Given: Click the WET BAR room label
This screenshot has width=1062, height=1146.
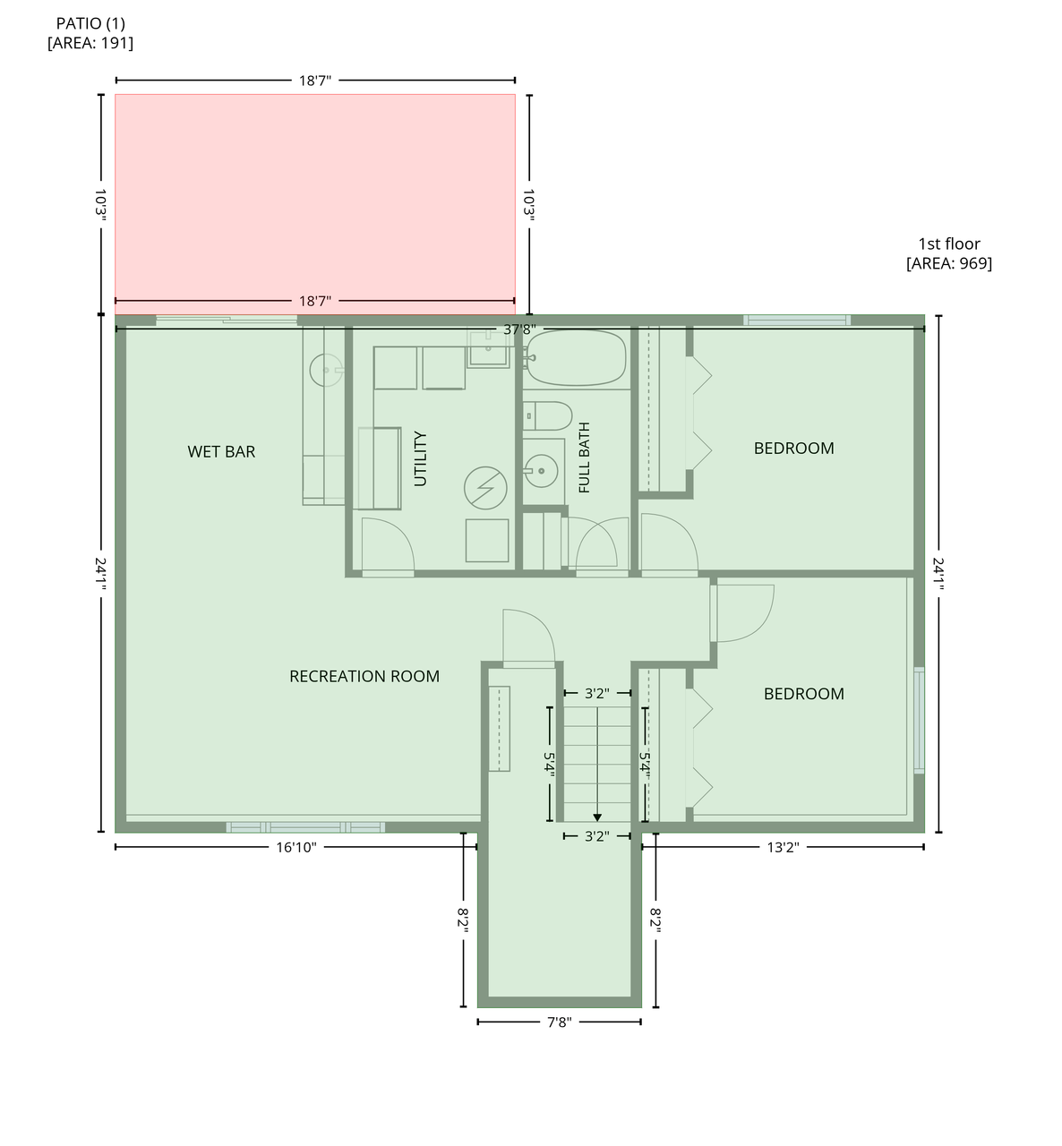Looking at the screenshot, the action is (221, 452).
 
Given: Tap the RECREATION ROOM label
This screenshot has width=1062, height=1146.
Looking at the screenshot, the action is (364, 676).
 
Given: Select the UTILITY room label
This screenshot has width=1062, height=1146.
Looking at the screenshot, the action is (420, 458).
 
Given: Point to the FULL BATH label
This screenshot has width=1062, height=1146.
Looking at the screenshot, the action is (584, 458).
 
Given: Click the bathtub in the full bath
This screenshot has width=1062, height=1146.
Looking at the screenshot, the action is (576, 358).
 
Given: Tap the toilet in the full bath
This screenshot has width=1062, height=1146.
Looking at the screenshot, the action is (547, 416).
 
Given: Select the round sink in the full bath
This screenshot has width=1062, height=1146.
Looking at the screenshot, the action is (541, 471).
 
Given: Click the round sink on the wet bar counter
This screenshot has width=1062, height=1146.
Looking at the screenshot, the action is (326, 370).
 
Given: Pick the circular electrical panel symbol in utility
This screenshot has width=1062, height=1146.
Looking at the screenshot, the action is (485, 488).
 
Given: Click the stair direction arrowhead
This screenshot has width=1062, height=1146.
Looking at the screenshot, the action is (597, 817).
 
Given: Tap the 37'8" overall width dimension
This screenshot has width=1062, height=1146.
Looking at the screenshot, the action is (519, 329).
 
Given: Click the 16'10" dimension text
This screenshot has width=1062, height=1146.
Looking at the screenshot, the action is (296, 847).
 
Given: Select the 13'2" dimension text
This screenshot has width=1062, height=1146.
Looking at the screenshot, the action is (783, 847).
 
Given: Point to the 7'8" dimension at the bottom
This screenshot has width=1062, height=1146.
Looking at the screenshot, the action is (560, 1022).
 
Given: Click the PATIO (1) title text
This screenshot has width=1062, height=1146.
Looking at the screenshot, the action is (90, 23).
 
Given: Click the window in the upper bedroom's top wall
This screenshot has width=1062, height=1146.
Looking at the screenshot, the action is (797, 321).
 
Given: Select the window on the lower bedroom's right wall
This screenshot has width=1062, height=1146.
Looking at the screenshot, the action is (919, 720).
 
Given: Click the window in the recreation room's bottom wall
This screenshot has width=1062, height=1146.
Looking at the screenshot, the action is (305, 827).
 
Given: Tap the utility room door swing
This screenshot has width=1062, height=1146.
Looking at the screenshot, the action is (388, 545).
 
